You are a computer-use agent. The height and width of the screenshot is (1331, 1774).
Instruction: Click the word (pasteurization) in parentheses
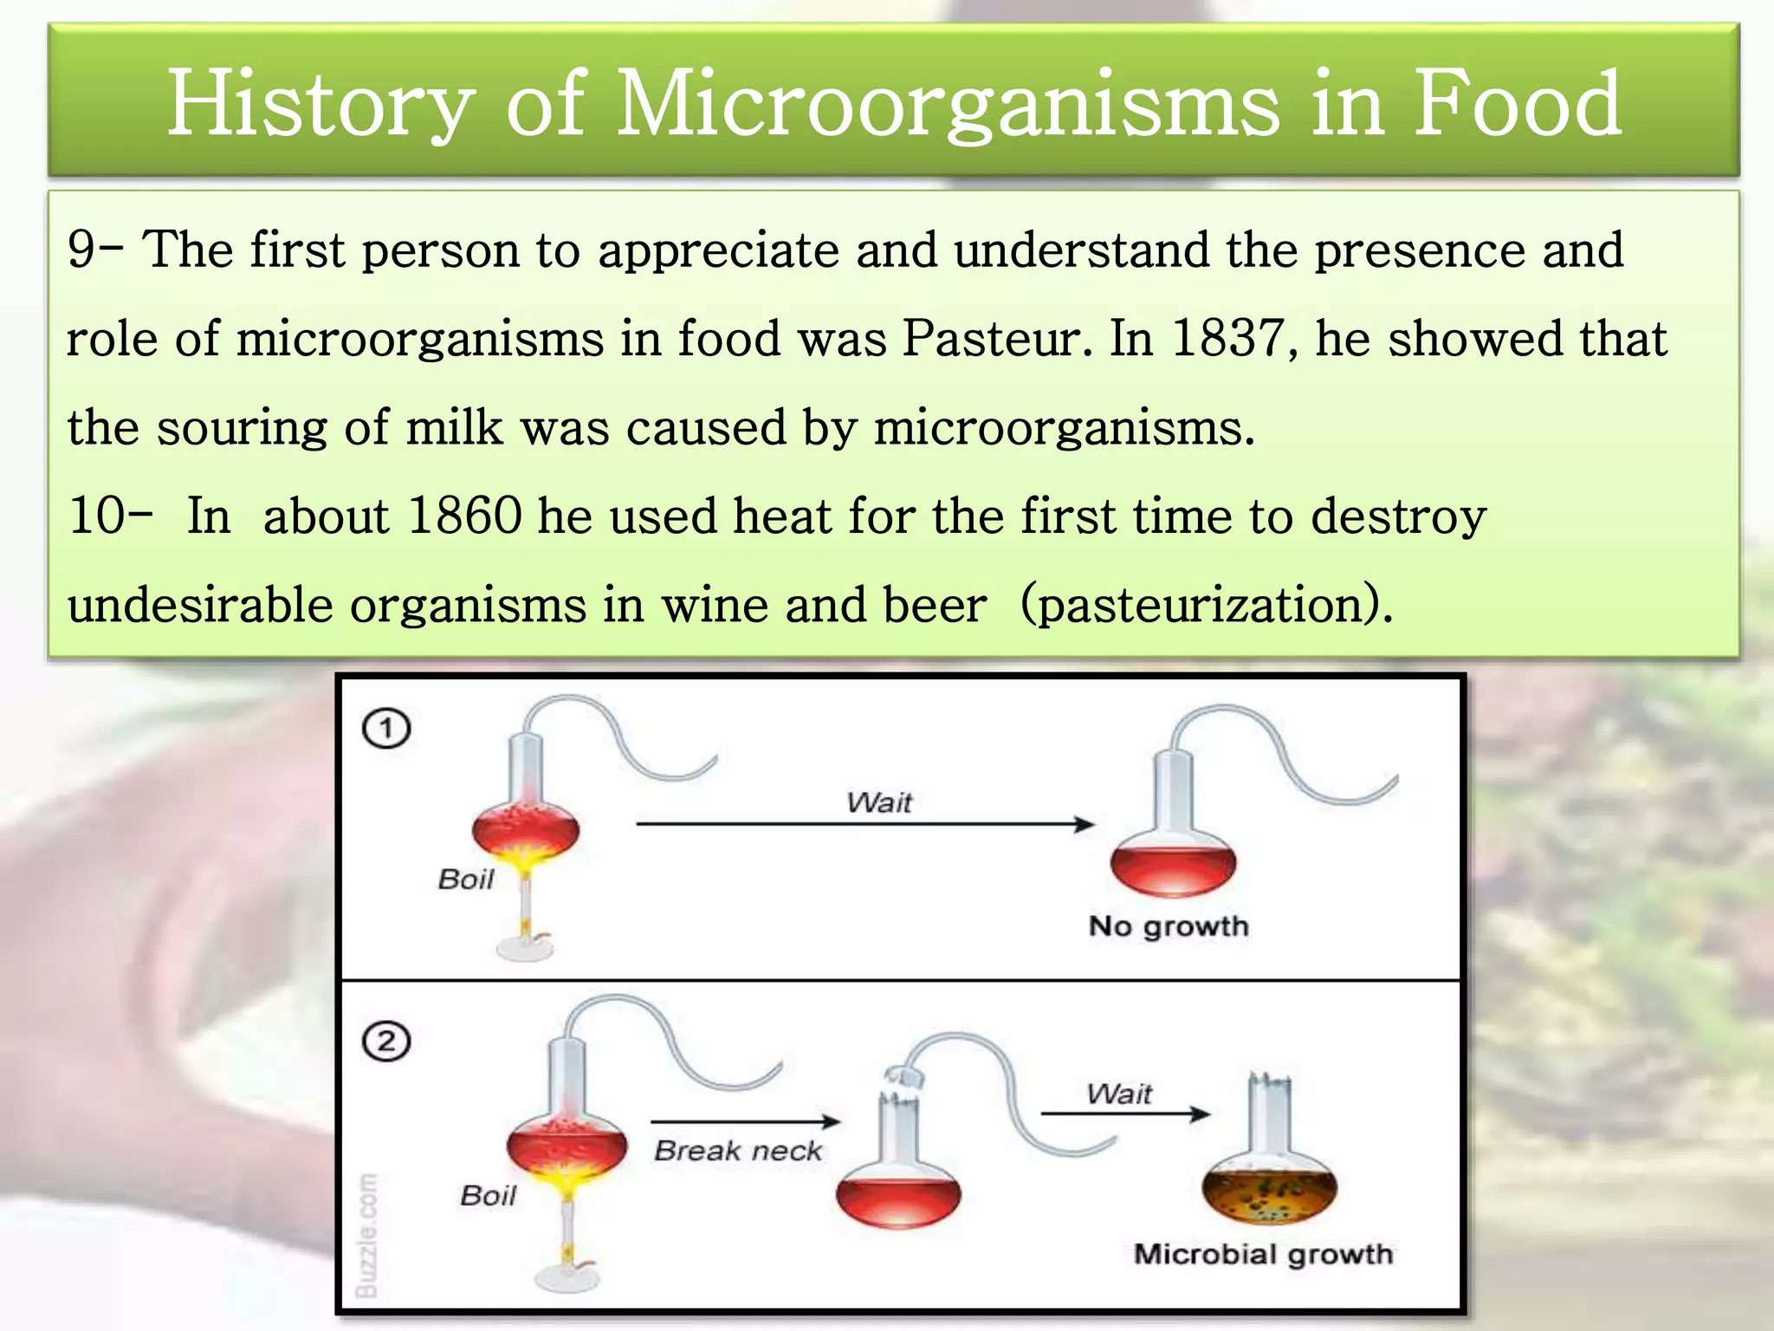(x=1206, y=605)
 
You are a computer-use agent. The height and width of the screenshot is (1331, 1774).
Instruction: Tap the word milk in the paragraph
(x=454, y=427)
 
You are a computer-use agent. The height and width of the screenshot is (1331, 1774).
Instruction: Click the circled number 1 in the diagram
(x=386, y=729)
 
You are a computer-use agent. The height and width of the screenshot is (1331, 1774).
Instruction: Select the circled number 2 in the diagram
(x=386, y=1041)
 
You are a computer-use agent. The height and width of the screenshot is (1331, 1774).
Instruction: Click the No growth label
(x=1169, y=926)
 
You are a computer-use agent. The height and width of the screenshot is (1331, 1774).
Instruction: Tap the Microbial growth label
(x=1263, y=1254)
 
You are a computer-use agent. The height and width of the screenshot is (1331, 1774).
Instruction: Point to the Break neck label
(x=737, y=1151)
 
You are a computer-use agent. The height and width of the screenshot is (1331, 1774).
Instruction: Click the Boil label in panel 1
(x=465, y=880)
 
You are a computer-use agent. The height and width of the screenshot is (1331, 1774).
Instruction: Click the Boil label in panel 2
(x=488, y=1196)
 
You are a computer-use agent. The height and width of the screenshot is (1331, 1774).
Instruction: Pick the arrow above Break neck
(x=745, y=1121)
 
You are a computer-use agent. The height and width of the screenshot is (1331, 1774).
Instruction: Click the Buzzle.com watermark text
(x=367, y=1236)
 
